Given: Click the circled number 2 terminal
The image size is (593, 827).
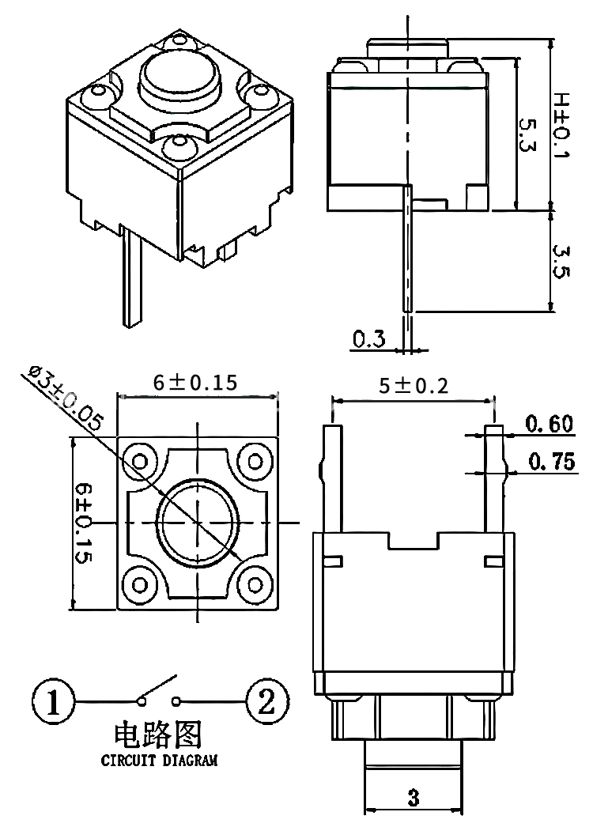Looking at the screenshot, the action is pyautogui.click(x=268, y=701).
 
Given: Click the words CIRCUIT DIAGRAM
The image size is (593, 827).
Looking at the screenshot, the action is pyautogui.click(x=159, y=760).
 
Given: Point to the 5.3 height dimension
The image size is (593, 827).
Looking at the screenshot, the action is pyautogui.click(x=527, y=135).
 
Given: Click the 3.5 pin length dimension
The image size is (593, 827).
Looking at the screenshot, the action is pyautogui.click(x=561, y=261).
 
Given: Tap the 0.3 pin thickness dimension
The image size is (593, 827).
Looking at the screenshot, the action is pyautogui.click(x=368, y=338).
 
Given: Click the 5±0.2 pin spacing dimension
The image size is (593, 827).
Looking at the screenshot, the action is pyautogui.click(x=414, y=386).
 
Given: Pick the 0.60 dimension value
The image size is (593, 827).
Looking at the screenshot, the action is pyautogui.click(x=549, y=424).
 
